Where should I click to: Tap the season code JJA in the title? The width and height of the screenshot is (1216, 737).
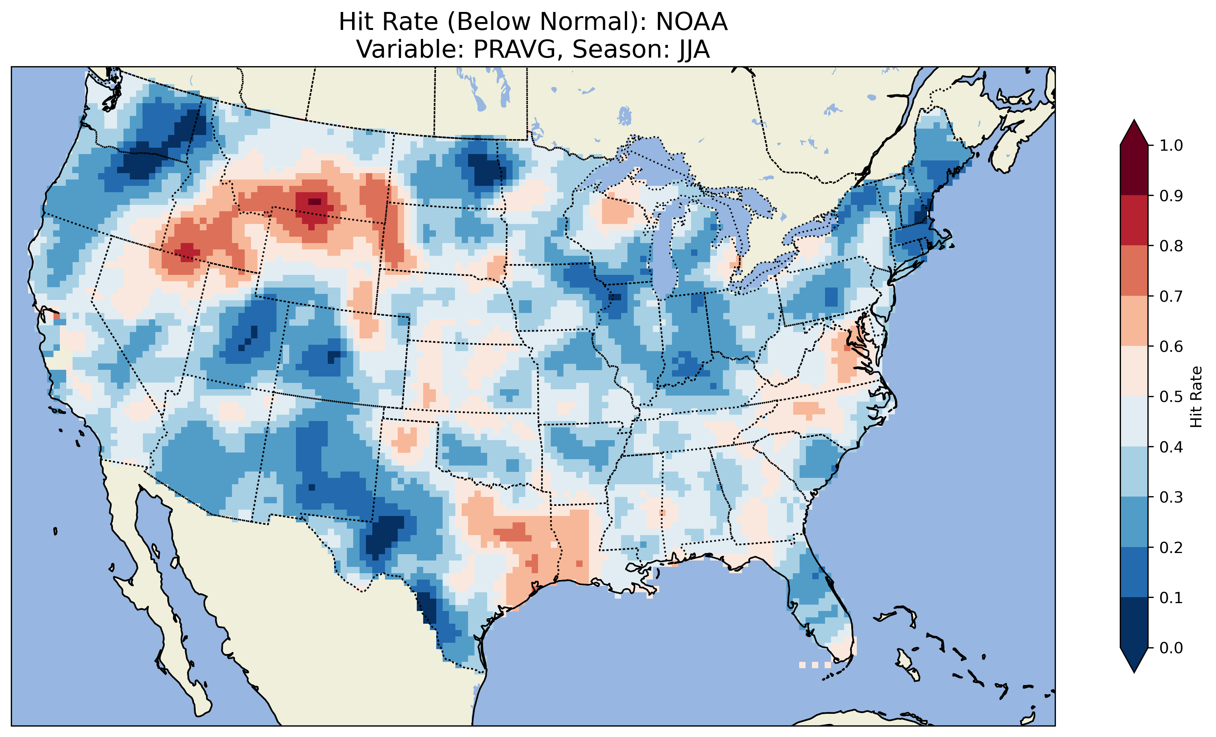coord(693,50)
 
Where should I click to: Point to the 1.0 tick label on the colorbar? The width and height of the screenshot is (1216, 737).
coord(1171,145)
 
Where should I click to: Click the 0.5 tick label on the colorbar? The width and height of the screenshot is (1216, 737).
coord(1171,397)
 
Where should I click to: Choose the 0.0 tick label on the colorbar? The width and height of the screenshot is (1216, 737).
coord(1171,648)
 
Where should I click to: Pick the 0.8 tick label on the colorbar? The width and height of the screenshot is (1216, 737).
coord(1171,246)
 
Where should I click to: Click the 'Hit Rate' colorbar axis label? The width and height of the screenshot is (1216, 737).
coord(1196,397)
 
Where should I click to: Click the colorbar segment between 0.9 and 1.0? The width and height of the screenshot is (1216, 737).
coord(1134,170)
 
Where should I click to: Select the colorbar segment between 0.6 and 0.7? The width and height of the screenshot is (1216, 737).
coord(1134,321)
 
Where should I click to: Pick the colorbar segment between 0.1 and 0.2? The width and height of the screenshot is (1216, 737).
coord(1134,572)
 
